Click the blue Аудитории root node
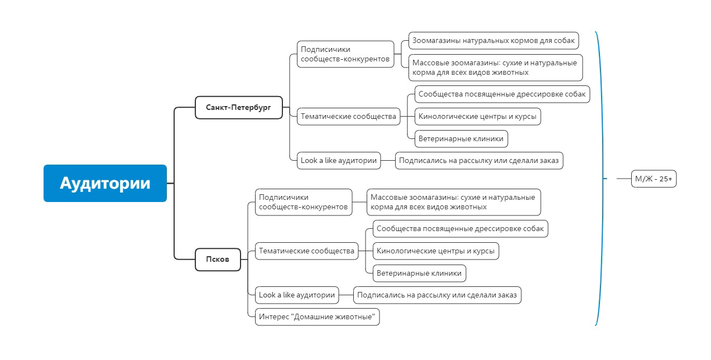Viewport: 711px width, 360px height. pos(105,183)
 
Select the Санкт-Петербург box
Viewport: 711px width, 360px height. pos(239,108)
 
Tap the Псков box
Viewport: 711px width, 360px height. pos(218,260)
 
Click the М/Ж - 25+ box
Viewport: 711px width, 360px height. pos(654,179)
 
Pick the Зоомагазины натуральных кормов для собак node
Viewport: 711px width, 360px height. pos(493,41)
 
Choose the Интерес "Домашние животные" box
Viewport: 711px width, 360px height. pos(317,317)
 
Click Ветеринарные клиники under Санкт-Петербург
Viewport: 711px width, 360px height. pos(461,139)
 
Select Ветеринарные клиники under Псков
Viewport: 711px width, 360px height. pos(419,273)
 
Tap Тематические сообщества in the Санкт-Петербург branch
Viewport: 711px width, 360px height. pos(348,117)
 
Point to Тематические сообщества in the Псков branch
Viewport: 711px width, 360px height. pos(306,251)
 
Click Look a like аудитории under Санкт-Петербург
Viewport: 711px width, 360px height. pos(339,161)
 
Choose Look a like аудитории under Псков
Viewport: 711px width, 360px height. pos(297,295)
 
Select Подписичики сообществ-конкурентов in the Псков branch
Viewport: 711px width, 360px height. pos(304,202)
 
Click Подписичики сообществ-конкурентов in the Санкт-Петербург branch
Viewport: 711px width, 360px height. pos(345,54)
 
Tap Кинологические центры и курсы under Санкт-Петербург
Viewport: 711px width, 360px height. pos(478,117)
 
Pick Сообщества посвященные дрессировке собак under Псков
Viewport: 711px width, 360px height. pos(460,229)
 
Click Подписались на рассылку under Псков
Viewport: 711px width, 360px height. pos(438,295)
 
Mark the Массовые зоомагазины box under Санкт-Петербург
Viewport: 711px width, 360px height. pos(496,68)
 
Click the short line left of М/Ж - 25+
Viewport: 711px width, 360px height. pos(624,179)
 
